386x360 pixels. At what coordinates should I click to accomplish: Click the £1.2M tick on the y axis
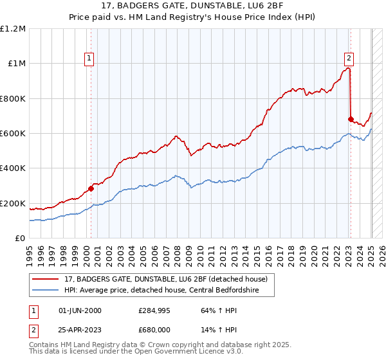(13, 28)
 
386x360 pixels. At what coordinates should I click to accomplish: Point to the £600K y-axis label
(13, 134)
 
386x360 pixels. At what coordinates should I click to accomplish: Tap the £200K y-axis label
(13, 203)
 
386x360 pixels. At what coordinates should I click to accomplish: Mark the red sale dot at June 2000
(91, 188)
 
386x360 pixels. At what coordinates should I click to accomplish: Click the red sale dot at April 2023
(351, 119)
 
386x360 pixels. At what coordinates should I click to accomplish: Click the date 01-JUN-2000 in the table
(80, 310)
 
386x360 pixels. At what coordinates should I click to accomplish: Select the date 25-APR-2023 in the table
(80, 330)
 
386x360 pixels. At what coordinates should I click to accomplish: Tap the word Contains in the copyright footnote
(44, 345)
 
